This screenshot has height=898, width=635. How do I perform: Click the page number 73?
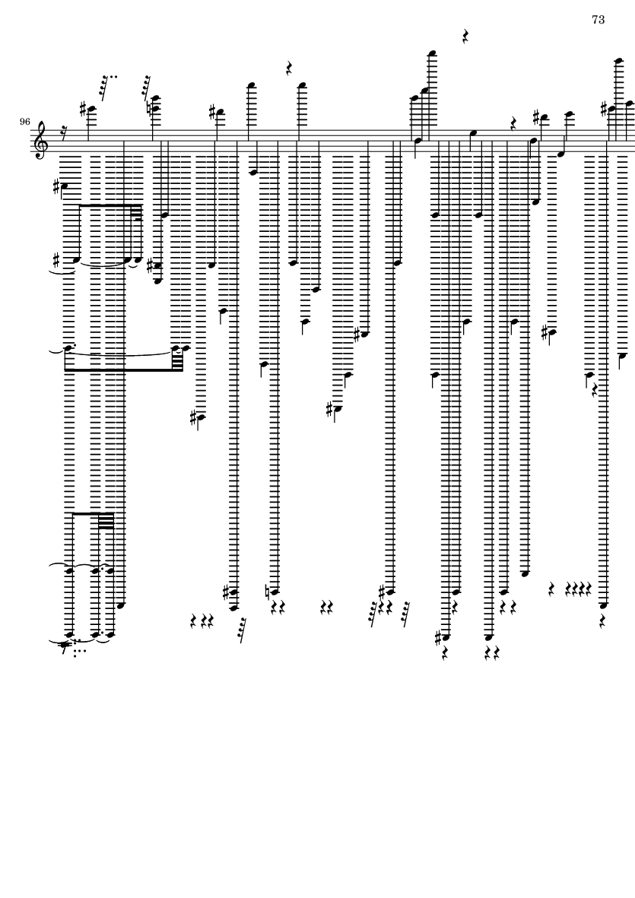coord(598,20)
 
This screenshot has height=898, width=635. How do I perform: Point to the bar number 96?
coord(25,122)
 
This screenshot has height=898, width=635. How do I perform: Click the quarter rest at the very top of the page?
coord(465,36)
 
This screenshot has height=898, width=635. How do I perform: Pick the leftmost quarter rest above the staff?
coord(289,69)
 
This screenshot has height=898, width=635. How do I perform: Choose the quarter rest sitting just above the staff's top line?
coord(513,122)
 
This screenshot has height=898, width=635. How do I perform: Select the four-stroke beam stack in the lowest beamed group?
coord(106,520)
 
